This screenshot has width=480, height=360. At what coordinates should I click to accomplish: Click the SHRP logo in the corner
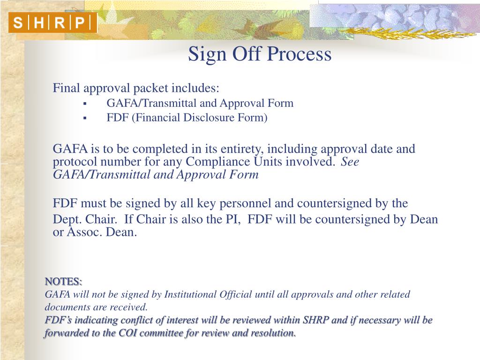52,22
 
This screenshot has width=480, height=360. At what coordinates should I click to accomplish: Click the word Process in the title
300,54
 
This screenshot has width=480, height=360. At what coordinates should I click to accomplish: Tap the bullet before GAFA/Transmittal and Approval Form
85,104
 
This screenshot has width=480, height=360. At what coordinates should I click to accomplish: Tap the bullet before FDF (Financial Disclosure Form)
85,118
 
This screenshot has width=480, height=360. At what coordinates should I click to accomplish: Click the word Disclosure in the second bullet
205,118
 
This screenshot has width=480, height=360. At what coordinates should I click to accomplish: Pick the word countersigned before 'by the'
334,203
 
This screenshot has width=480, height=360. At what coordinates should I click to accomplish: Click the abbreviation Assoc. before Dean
82,232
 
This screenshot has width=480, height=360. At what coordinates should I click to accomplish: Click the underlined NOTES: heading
63,282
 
